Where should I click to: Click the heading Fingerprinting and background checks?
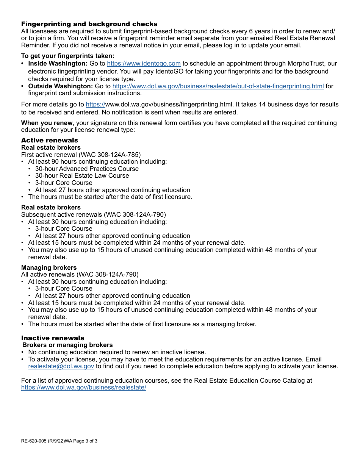click(89, 24)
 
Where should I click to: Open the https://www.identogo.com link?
click(144, 64)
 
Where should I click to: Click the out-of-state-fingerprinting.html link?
click(218, 86)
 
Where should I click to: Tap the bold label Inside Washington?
click(58, 64)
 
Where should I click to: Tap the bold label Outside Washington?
click(60, 86)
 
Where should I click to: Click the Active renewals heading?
click(49, 140)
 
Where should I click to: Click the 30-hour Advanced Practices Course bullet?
click(87, 169)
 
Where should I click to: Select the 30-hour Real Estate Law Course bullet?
click(82, 175)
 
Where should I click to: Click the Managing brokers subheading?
click(49, 267)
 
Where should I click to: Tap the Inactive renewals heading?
click(53, 338)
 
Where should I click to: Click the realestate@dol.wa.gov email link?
click(61, 366)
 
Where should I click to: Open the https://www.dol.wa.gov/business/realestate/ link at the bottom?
click(83, 388)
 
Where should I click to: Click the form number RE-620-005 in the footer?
click(34, 441)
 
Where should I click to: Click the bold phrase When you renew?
click(47, 123)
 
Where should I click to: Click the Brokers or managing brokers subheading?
click(67, 345)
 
